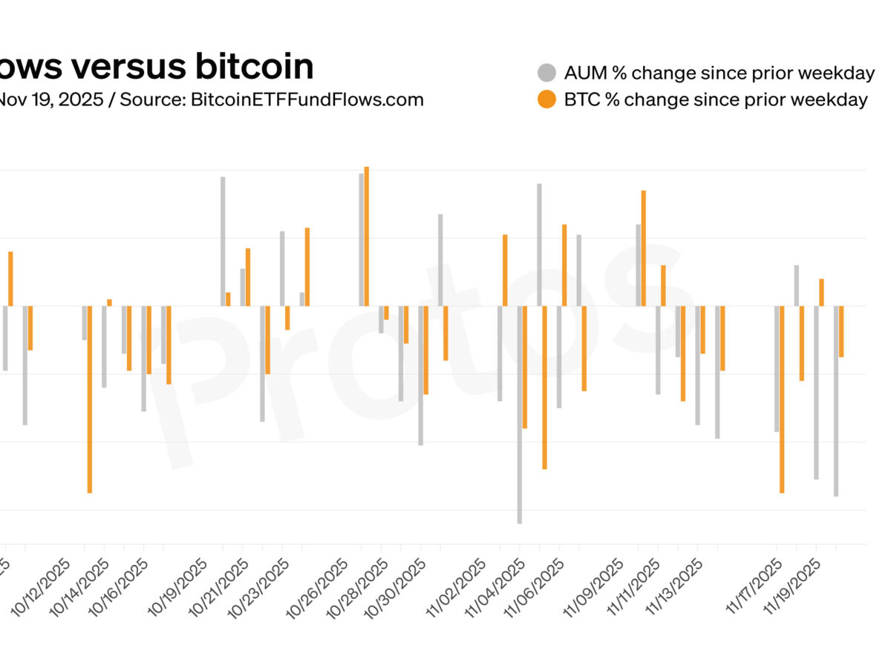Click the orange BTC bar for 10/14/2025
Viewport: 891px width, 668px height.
click(109, 302)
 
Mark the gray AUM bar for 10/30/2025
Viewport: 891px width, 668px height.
click(421, 375)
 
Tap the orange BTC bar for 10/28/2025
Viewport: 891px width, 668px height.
click(386, 312)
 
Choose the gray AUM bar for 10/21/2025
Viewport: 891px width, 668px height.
click(243, 287)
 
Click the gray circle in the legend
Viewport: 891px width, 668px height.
click(546, 73)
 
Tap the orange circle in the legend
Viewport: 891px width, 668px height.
click(546, 99)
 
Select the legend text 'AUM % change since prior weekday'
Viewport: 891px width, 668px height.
click(719, 73)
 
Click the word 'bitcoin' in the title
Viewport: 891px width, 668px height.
click(255, 67)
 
